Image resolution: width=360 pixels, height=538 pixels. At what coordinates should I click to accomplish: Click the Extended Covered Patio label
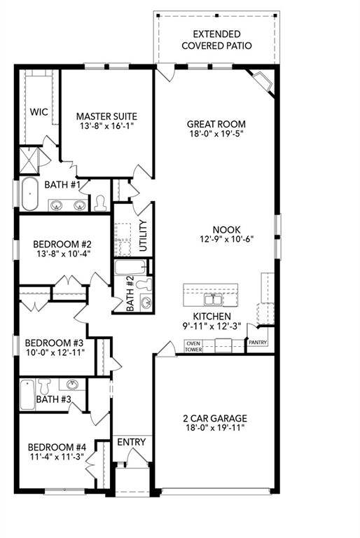216,40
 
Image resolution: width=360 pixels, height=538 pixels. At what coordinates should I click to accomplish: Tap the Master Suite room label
106,116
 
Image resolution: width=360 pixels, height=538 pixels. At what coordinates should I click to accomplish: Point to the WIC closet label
38,111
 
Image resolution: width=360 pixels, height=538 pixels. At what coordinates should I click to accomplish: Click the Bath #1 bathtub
30,194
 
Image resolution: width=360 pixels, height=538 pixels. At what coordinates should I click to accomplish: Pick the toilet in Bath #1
100,202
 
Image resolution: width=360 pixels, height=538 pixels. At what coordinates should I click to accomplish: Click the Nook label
227,229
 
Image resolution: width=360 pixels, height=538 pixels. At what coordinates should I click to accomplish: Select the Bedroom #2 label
63,244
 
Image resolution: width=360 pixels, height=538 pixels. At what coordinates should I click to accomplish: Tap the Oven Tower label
193,345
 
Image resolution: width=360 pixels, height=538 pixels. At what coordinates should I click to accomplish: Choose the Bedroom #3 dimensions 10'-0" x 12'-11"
55,352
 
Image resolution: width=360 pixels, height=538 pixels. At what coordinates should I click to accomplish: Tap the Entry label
131,442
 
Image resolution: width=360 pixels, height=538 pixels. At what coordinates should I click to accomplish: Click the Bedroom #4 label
57,446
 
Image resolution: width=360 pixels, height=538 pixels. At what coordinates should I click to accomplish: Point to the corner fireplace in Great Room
263,83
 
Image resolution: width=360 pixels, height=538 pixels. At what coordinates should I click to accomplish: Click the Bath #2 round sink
146,303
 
